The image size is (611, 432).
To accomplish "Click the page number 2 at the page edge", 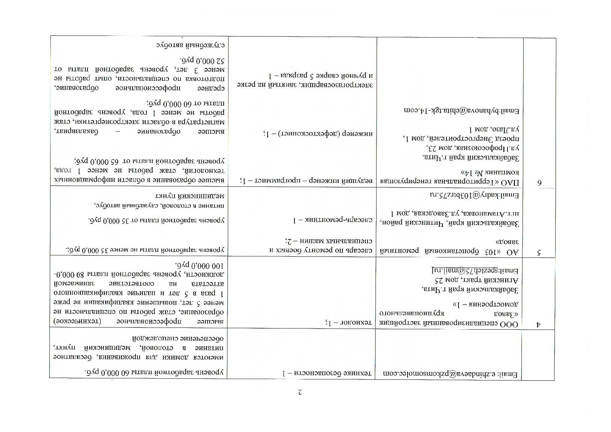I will click(299, 393).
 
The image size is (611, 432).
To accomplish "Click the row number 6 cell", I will click(539, 182).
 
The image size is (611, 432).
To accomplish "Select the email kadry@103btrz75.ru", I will click(474, 195).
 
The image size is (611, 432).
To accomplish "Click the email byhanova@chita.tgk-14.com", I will click(461, 111).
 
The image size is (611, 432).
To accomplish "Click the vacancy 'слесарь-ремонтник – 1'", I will click(333, 220).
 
